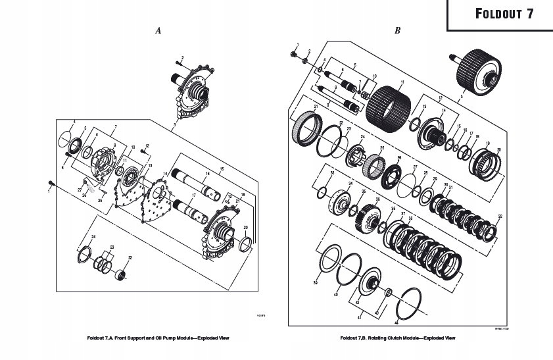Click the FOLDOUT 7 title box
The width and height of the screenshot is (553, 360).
tap(500, 14)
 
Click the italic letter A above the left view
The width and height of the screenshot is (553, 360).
tap(157, 31)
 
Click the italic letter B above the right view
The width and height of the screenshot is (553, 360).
tap(397, 31)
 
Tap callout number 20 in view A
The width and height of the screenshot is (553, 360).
tap(246, 228)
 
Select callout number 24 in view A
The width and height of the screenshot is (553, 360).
tap(93, 236)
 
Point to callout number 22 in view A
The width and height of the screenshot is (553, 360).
tap(130, 257)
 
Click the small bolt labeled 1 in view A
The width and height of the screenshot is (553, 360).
tap(51, 182)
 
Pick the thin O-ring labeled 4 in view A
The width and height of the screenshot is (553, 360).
tap(63, 139)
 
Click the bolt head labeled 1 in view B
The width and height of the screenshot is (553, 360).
tap(294, 53)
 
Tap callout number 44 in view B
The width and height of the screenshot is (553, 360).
tap(396, 323)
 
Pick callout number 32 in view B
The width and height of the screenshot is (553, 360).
tap(500, 217)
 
